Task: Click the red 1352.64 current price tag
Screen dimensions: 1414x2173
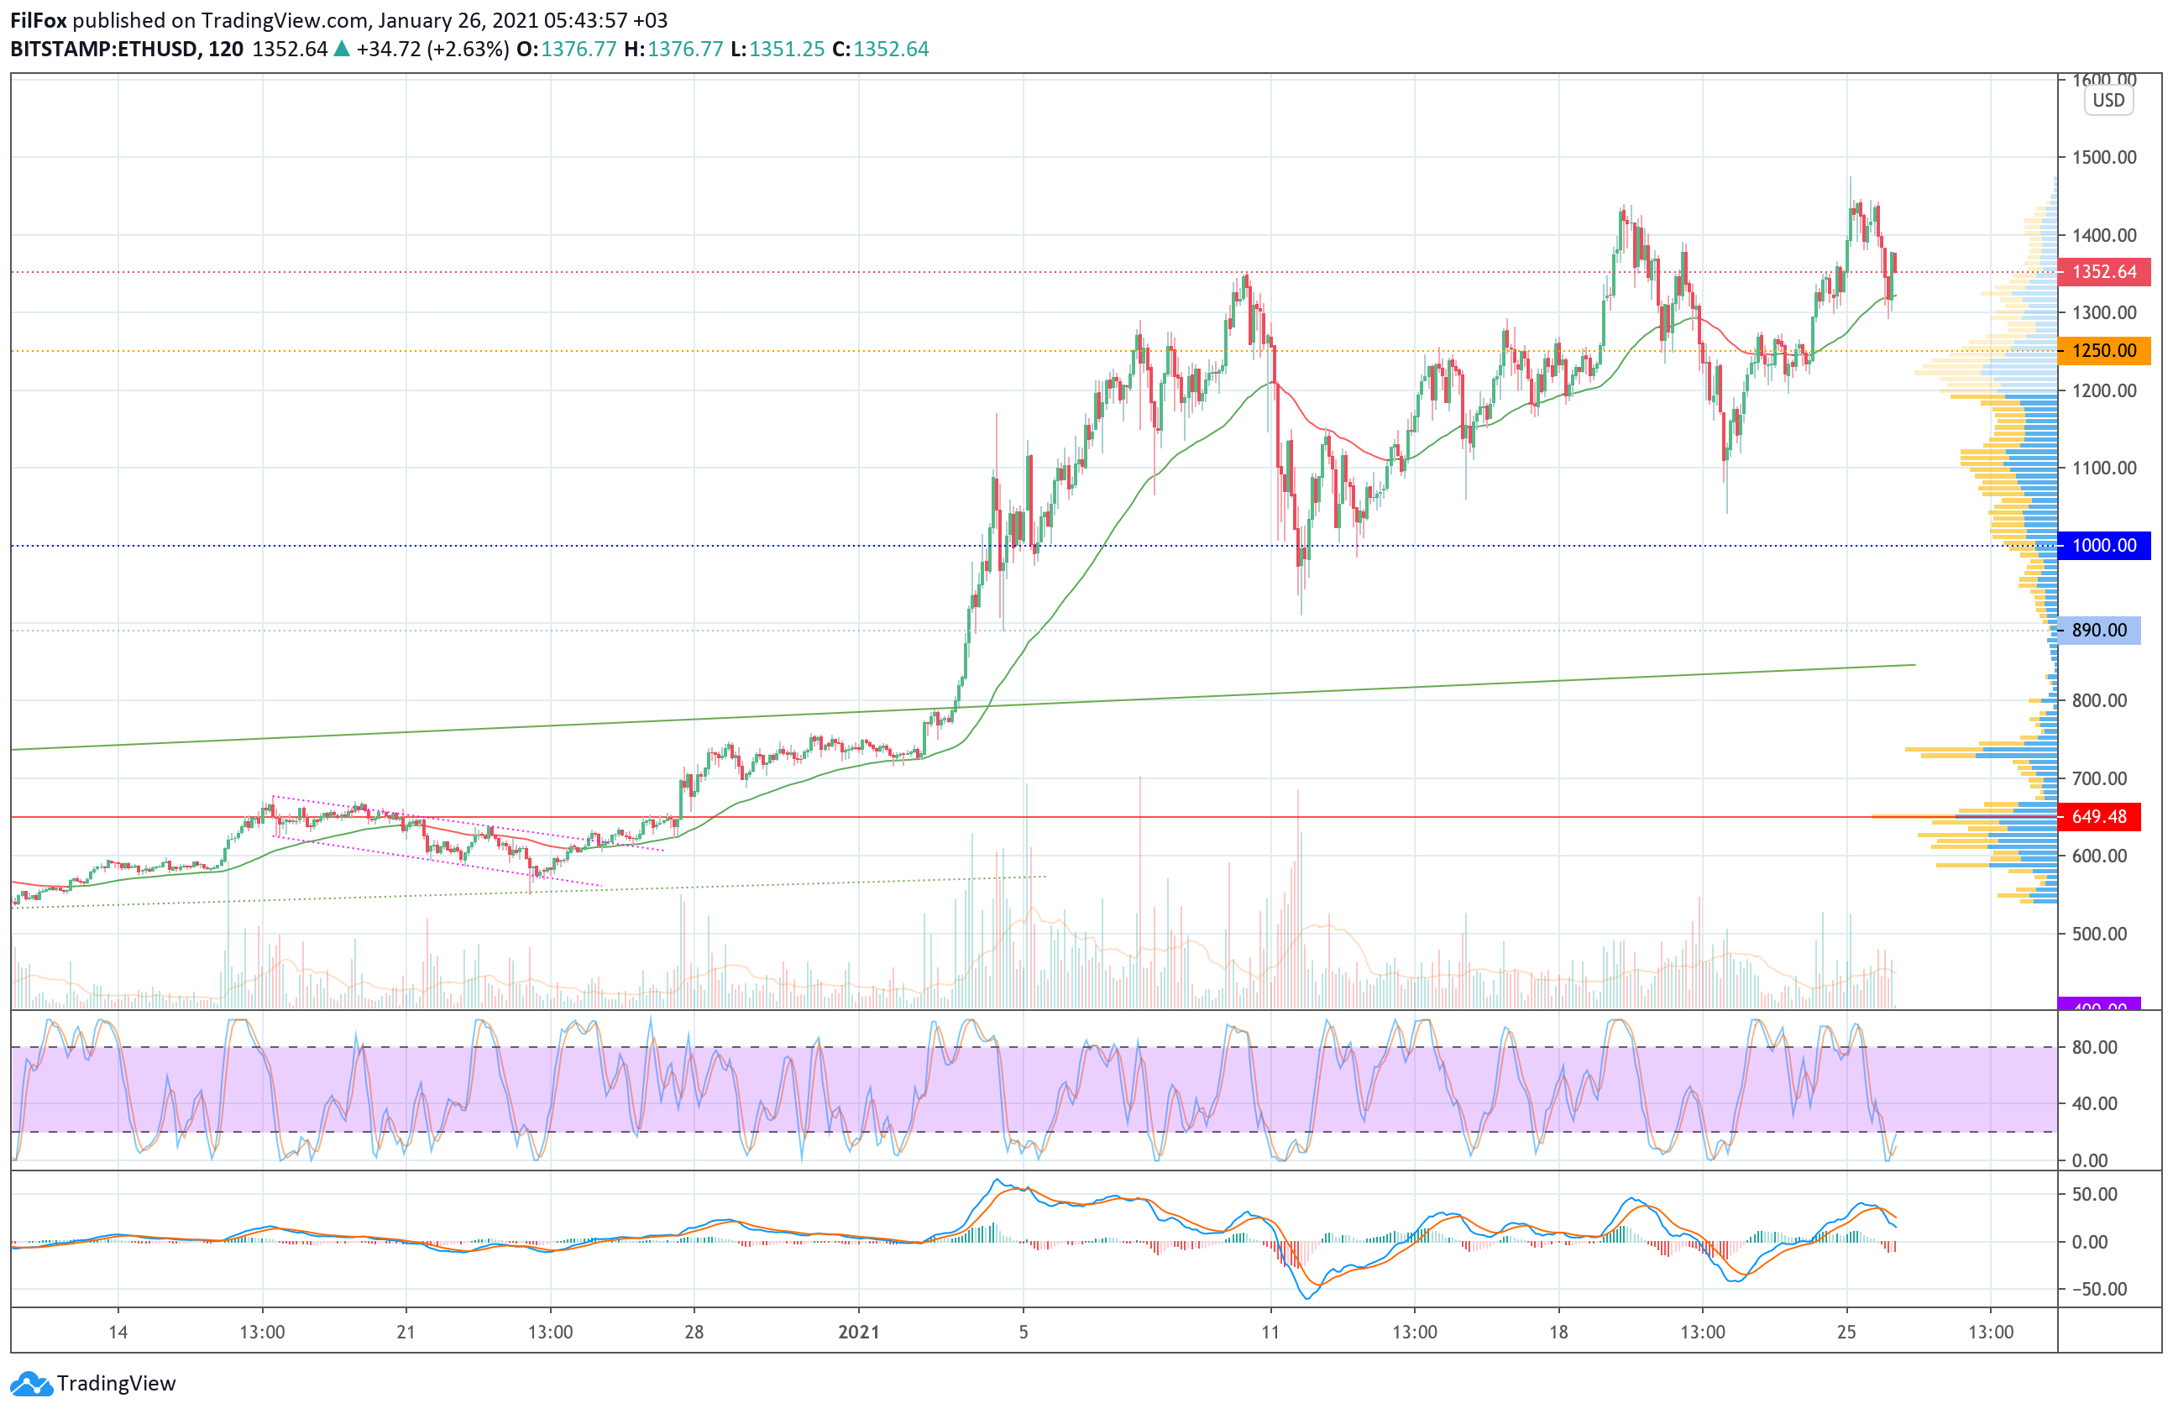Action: pyautogui.click(x=2102, y=272)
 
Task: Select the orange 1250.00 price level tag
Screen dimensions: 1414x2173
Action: pyautogui.click(x=2102, y=350)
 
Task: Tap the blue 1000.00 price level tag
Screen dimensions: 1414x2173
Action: pyautogui.click(x=2102, y=546)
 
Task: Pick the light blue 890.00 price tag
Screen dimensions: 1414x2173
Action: pyautogui.click(x=2098, y=630)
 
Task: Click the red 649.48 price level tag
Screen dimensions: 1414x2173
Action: pyautogui.click(x=2098, y=817)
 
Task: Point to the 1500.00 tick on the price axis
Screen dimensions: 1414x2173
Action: pyautogui.click(x=2103, y=157)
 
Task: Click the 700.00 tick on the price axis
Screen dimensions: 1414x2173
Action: pyautogui.click(x=2098, y=778)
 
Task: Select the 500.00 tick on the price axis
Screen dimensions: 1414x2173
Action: pyautogui.click(x=2098, y=934)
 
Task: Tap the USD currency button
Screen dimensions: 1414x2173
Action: pyautogui.click(x=2108, y=101)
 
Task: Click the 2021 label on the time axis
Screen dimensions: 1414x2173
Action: pyautogui.click(x=858, y=1332)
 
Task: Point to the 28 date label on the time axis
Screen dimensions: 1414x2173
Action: pyautogui.click(x=694, y=1332)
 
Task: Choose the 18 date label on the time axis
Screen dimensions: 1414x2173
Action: pyautogui.click(x=1558, y=1332)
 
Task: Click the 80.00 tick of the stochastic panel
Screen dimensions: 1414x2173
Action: pyautogui.click(x=2094, y=1047)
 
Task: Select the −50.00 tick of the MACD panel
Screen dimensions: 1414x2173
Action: pyautogui.click(x=2092, y=1289)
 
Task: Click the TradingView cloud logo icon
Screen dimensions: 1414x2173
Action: pyautogui.click(x=32, y=1384)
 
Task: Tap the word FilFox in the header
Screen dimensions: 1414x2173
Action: pyautogui.click(x=39, y=20)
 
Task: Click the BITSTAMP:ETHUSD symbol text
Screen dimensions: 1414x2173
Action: pyautogui.click(x=104, y=50)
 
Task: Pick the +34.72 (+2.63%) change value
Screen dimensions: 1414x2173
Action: pyautogui.click(x=432, y=50)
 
